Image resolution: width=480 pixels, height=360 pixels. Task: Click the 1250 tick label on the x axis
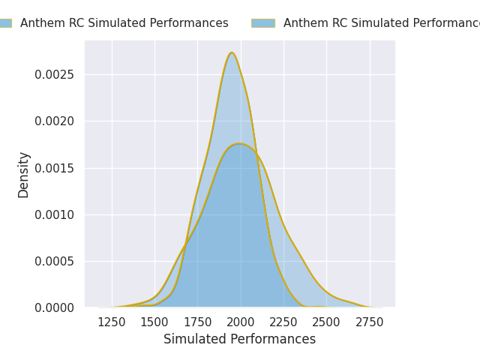coord(112,322)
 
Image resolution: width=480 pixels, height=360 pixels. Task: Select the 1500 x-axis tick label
coord(154,322)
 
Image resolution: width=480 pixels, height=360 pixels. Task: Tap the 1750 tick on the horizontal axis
coord(197,322)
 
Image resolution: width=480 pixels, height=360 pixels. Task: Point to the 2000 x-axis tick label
coord(241,322)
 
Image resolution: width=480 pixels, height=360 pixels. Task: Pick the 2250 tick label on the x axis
coord(283,322)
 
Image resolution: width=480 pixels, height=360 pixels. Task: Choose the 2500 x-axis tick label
coord(326,322)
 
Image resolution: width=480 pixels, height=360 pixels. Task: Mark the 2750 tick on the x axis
coord(370,322)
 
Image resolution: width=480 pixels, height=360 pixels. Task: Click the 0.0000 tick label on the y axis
coord(55,307)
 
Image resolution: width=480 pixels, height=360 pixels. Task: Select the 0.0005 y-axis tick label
coord(55,261)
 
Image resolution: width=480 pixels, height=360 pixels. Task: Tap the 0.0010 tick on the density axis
coord(55,214)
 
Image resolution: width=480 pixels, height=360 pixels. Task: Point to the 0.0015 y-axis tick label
coord(55,168)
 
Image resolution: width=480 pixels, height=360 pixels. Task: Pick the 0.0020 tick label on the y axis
coord(55,121)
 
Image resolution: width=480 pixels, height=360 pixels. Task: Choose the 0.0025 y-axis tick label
coord(55,74)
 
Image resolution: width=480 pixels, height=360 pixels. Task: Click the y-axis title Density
coord(24,174)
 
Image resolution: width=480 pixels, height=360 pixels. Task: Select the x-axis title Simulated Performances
coord(240,340)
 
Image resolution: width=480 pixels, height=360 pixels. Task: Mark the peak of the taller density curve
coord(232,52)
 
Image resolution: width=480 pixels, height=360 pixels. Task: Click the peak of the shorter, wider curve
coord(239,143)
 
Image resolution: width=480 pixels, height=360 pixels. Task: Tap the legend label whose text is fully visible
coord(124,23)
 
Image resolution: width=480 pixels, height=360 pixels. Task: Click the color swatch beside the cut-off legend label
coord(262,23)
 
